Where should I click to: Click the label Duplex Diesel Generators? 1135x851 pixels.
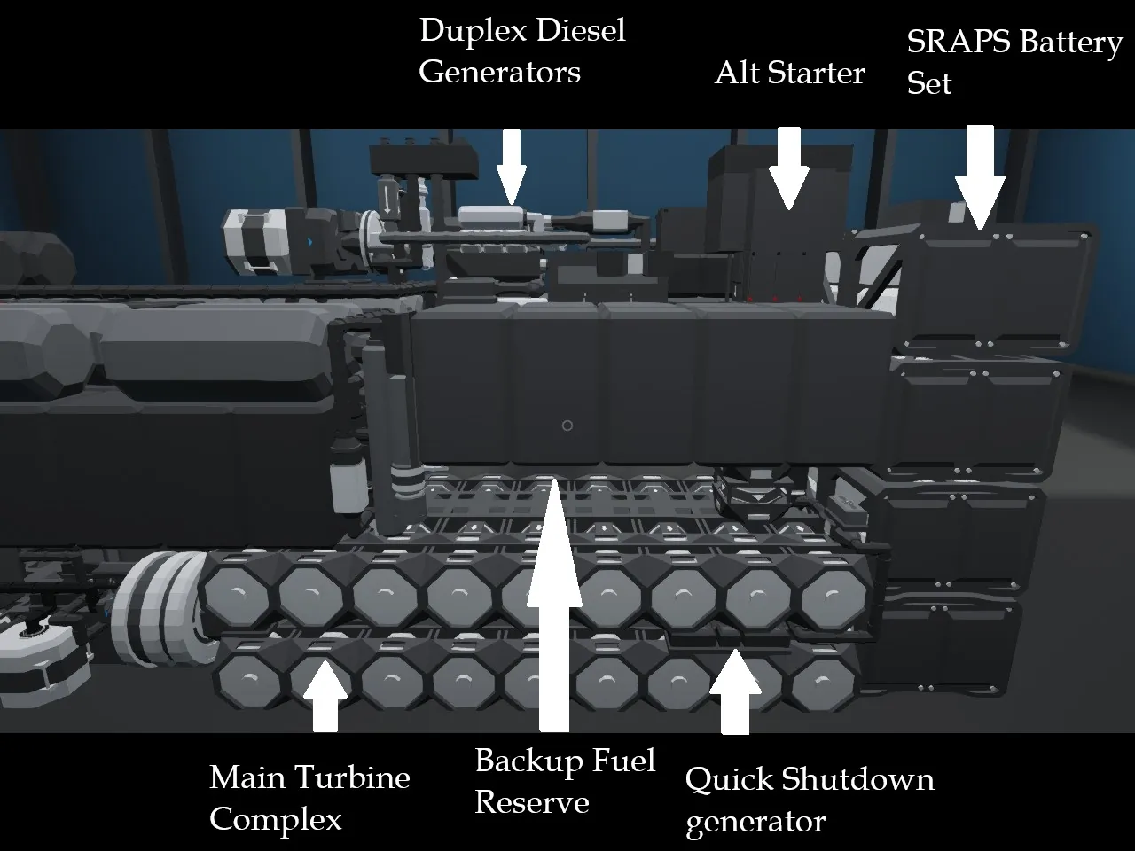(521, 51)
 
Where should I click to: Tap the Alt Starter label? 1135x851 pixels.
(789, 73)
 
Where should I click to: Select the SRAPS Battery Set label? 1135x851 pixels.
(1014, 62)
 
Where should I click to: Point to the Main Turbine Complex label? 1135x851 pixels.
(309, 797)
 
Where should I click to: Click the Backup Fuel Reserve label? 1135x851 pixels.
(565, 781)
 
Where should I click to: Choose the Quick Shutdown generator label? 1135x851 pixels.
(809, 800)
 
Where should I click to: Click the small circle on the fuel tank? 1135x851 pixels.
(567, 425)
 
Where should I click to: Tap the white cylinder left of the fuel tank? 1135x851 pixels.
(342, 483)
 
